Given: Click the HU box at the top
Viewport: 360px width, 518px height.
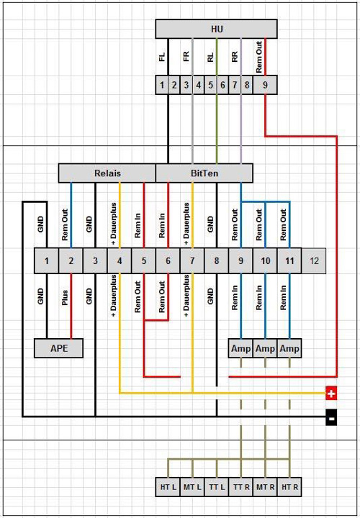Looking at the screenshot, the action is (217, 29).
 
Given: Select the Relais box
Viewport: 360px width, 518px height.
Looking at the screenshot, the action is (107, 173).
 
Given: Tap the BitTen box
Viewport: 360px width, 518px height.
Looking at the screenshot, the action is (204, 173).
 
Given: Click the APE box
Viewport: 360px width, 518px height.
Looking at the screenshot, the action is (59, 348).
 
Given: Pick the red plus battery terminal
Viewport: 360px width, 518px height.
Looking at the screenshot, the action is (332, 394).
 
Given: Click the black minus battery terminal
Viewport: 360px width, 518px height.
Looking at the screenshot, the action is (332, 417).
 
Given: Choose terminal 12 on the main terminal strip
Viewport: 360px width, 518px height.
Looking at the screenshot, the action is (314, 261).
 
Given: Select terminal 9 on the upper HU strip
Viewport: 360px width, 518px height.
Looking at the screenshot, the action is (265, 85).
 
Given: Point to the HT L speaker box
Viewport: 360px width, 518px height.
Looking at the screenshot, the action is (168, 487).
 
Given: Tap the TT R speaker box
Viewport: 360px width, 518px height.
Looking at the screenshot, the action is (241, 487).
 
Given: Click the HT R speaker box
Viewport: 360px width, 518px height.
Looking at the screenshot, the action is (289, 487).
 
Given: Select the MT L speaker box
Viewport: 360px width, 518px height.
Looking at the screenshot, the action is (192, 487).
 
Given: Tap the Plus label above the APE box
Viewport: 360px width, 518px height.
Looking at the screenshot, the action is (65, 299).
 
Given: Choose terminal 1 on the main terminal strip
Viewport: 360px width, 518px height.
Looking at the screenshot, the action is (47, 261).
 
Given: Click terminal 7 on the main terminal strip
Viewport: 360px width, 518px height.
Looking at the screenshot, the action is (192, 261).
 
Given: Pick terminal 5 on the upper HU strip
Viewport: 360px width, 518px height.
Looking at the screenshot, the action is (210, 85).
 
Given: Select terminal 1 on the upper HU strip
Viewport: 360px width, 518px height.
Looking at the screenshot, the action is (162, 85).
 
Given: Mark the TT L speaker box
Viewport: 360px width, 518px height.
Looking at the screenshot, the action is (217, 487).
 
